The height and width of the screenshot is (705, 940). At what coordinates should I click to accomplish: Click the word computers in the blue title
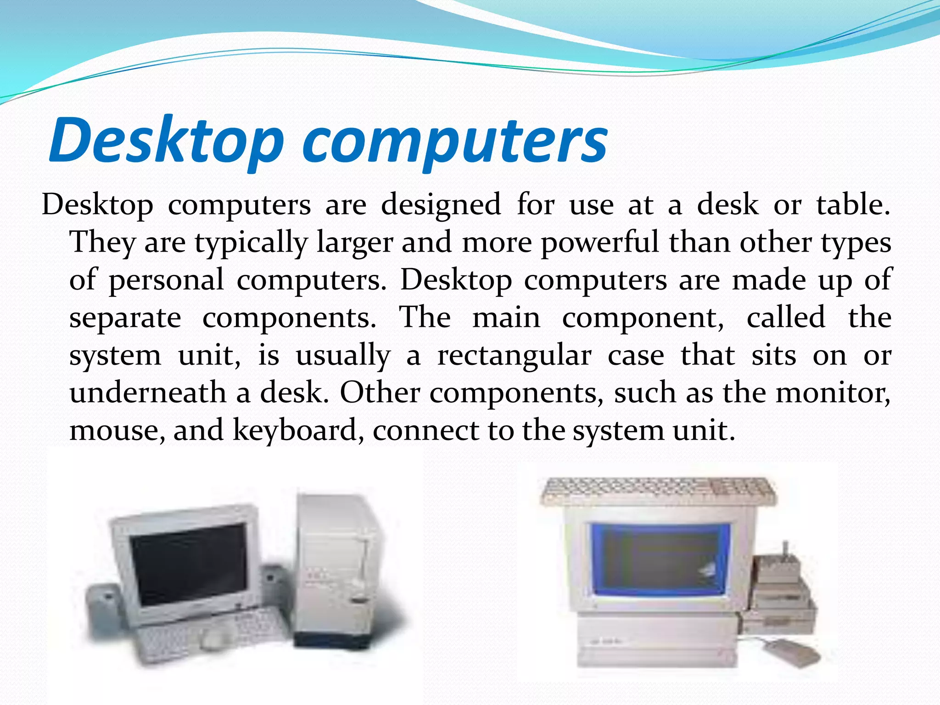[x=454, y=141]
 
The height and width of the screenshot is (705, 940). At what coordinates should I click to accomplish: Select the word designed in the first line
[x=441, y=205]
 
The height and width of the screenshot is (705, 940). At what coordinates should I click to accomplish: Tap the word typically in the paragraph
[x=251, y=243]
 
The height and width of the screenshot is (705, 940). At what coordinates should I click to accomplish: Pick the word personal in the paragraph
[x=166, y=280]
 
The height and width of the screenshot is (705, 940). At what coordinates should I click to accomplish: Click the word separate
[x=125, y=318]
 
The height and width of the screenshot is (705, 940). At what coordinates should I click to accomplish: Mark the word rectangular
[x=514, y=356]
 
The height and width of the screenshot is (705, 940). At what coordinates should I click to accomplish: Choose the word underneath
[x=148, y=393]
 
